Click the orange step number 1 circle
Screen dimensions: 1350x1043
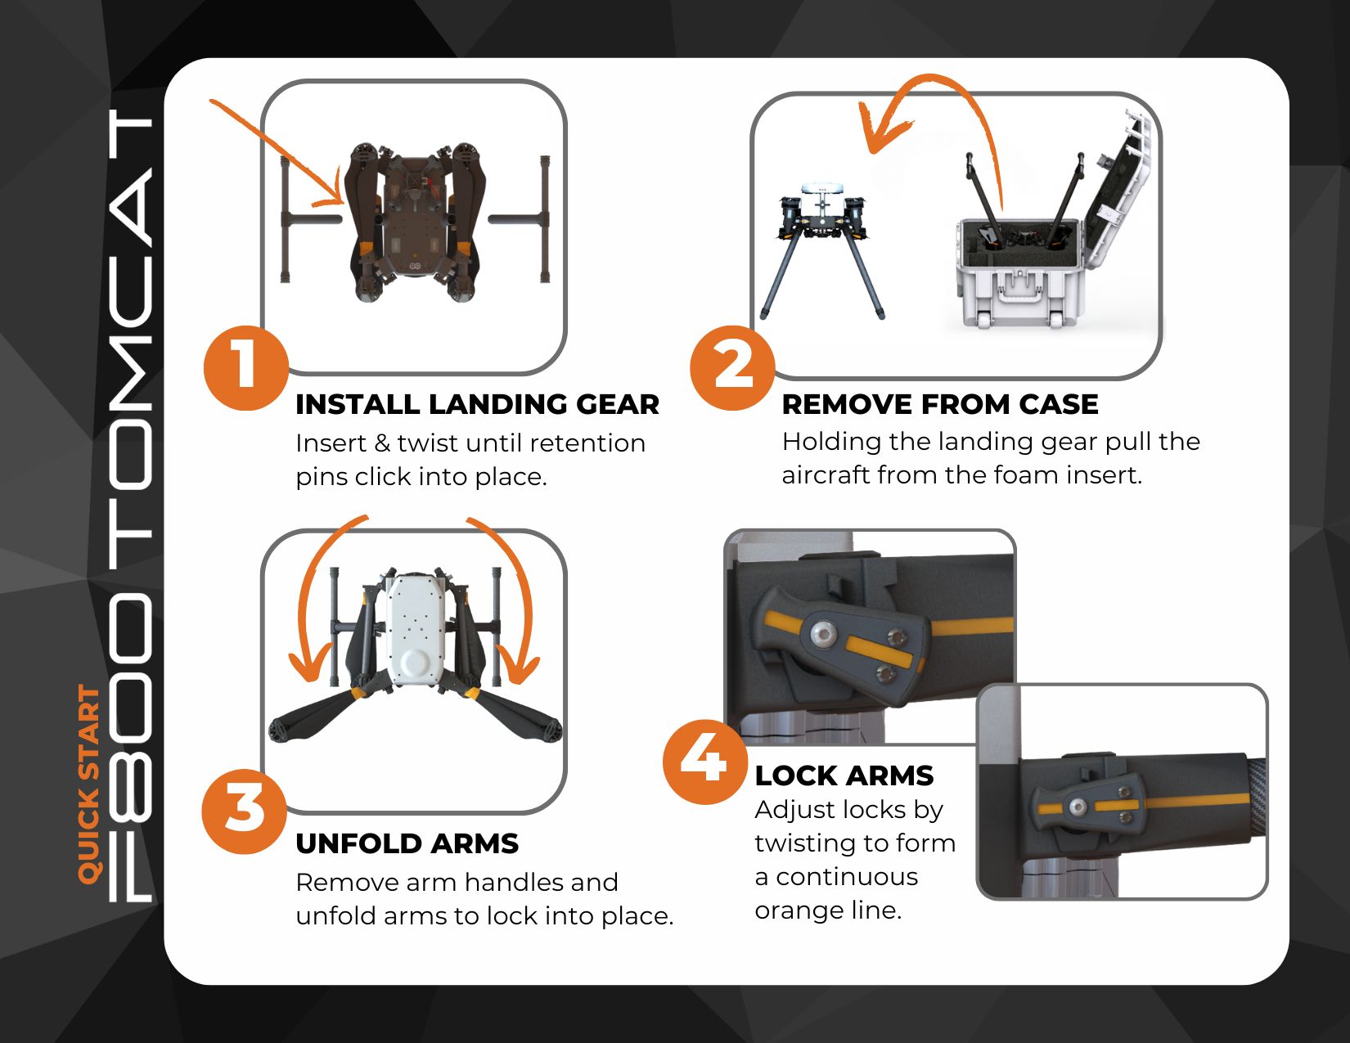click(x=245, y=368)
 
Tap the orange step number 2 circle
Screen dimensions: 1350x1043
click(x=732, y=367)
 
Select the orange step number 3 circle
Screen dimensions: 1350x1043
click(x=244, y=811)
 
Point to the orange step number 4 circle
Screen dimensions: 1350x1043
click(x=704, y=761)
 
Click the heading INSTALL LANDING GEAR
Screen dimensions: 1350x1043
click(x=477, y=404)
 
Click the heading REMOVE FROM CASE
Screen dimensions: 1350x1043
click(x=939, y=404)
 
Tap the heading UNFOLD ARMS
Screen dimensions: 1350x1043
click(x=407, y=843)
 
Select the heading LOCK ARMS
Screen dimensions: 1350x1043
click(x=844, y=776)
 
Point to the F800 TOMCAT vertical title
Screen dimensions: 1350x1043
click(x=131, y=507)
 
